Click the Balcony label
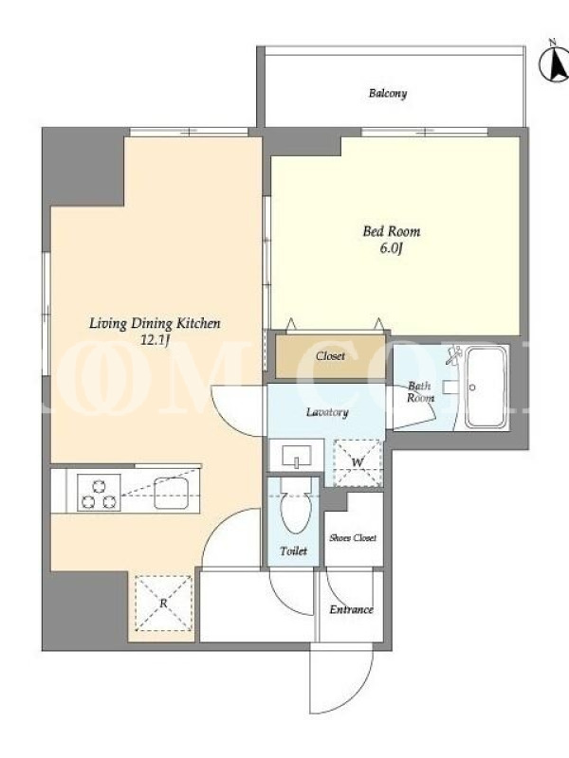click(388, 93)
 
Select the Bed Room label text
click(392, 231)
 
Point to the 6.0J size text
click(392, 248)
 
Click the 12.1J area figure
click(155, 340)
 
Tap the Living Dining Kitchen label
click(155, 323)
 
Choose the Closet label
click(330, 356)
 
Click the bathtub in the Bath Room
click(486, 387)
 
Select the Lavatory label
click(327, 412)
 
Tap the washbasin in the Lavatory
click(296, 455)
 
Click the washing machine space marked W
click(358, 462)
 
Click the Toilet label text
click(294, 550)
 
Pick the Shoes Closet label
click(353, 537)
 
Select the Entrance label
click(351, 609)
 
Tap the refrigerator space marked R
click(163, 603)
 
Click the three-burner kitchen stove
click(99, 493)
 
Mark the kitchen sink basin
click(171, 493)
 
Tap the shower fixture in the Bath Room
click(454, 355)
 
